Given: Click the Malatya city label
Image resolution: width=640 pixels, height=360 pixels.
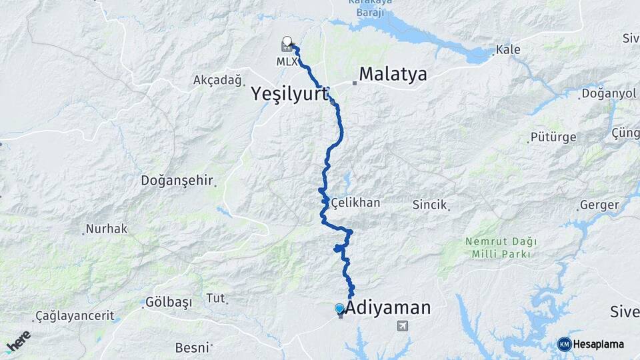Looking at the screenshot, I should pyautogui.click(x=393, y=74).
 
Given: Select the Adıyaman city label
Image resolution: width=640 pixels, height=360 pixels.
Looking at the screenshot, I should pyautogui.click(x=389, y=308).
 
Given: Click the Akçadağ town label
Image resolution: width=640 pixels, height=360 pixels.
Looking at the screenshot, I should pyautogui.click(x=217, y=80).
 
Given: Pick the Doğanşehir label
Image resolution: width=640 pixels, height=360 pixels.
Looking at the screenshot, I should pyautogui.click(x=176, y=181).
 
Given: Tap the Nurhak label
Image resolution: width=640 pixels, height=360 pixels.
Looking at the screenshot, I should pyautogui.click(x=107, y=229).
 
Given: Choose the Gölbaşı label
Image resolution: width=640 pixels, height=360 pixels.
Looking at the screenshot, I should pyautogui.click(x=169, y=302).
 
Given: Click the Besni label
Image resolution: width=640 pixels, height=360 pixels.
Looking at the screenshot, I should pyautogui.click(x=192, y=347).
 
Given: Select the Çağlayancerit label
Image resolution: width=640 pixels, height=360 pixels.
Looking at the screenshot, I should pyautogui.click(x=75, y=315).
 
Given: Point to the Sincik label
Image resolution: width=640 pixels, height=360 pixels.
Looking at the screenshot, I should pyautogui.click(x=429, y=205).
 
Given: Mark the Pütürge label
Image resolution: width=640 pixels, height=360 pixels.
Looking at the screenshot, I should pyautogui.click(x=552, y=137).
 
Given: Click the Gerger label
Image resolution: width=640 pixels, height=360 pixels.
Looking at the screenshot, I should pyautogui.click(x=599, y=205).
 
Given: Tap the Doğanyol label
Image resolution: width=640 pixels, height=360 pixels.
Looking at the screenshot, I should pyautogui.click(x=609, y=93).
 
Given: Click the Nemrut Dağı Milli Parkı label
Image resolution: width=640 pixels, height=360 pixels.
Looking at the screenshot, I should pyautogui.click(x=501, y=247).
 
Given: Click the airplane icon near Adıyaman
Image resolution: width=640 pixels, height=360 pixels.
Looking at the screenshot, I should pyautogui.click(x=402, y=325).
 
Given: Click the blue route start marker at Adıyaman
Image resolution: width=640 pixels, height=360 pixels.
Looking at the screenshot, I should pyautogui.click(x=339, y=309).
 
